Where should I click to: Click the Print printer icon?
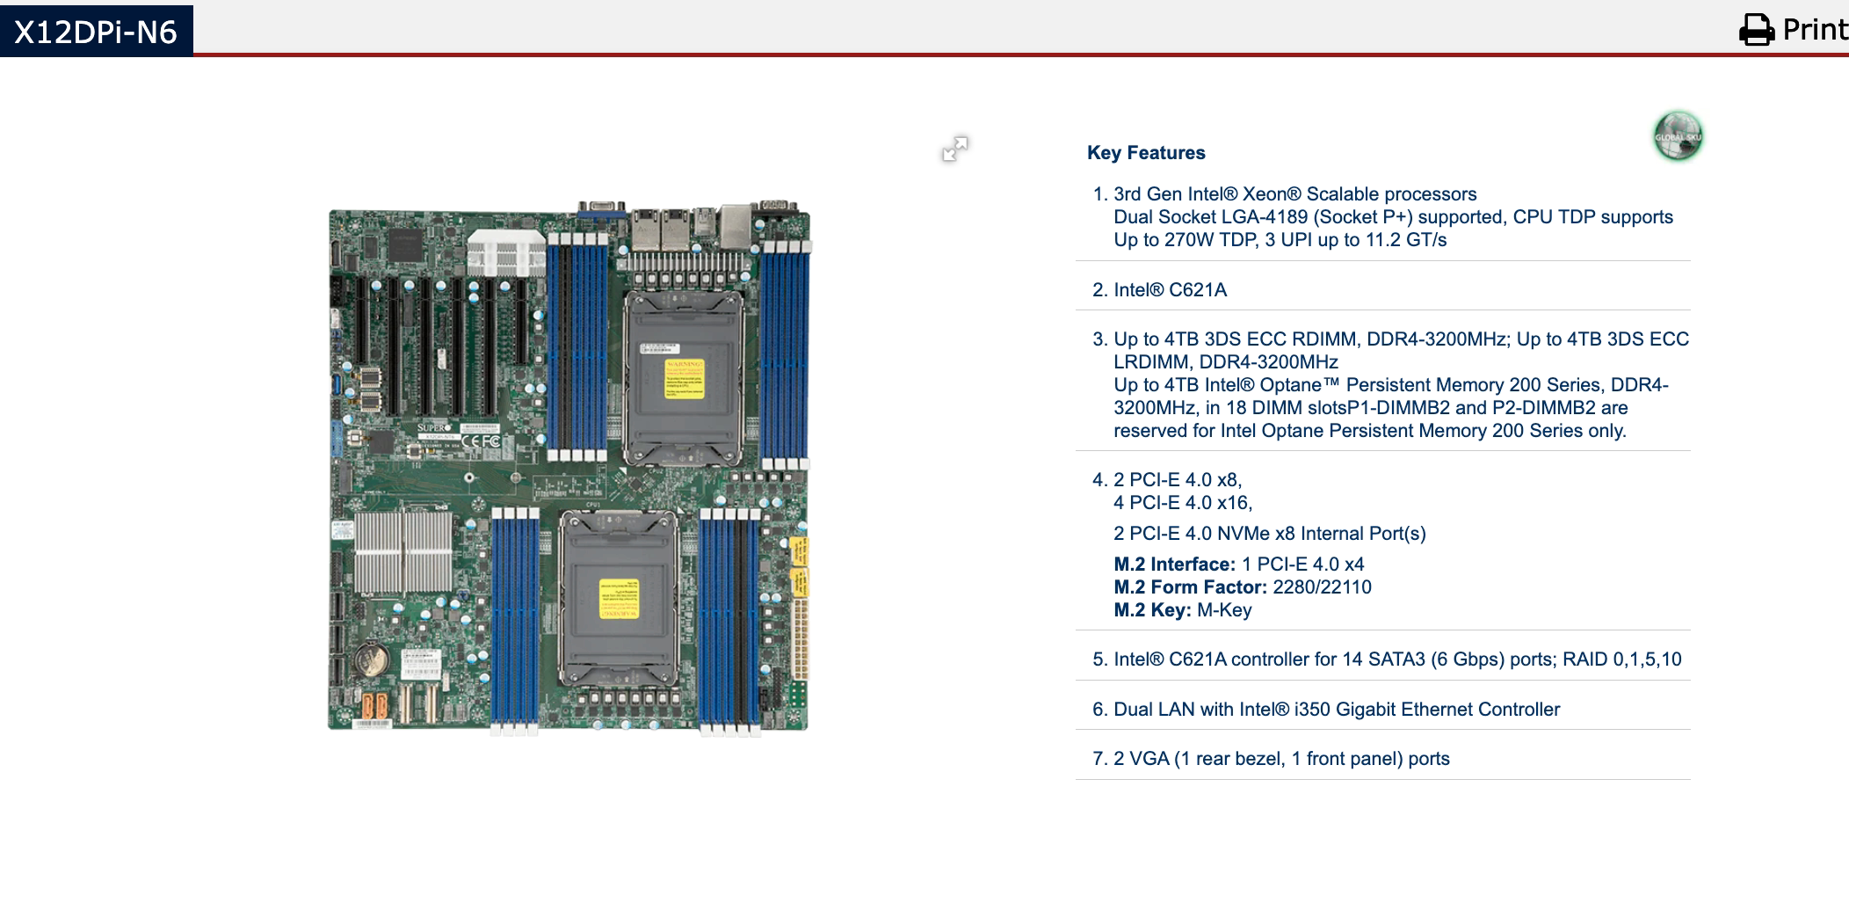(1757, 30)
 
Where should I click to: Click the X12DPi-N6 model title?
(96, 32)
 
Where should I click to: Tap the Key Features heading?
(1146, 153)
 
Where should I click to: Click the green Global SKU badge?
(1678, 136)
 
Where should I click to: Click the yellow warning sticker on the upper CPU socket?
(684, 378)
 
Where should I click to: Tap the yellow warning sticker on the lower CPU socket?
(619, 599)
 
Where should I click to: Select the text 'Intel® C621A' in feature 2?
(1170, 290)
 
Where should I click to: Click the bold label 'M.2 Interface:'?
(1174, 565)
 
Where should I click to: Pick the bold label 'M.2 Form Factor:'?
(1190, 587)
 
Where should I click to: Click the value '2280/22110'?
(1322, 587)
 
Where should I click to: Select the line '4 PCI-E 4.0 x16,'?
(1183, 503)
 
